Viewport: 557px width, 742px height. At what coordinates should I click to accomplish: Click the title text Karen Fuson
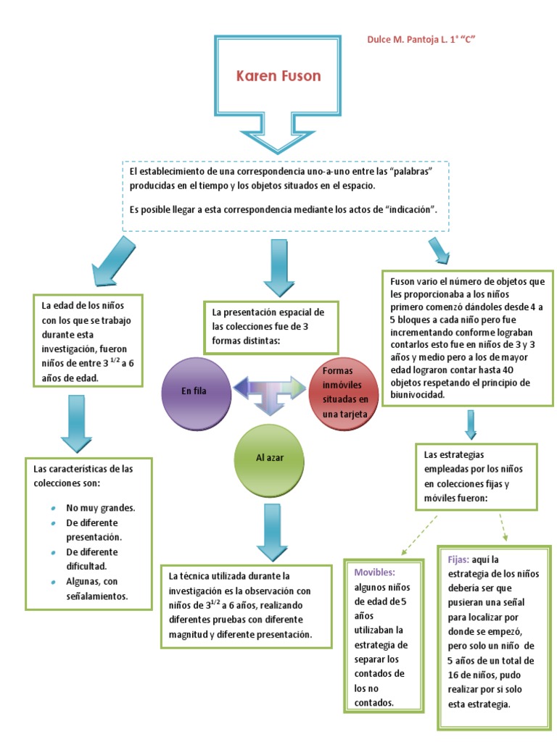[x=276, y=75]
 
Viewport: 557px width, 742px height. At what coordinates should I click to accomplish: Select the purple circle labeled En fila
[x=194, y=391]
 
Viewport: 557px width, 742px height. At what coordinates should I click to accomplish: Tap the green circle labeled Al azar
[x=268, y=458]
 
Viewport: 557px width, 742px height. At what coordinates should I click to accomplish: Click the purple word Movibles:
[x=374, y=572]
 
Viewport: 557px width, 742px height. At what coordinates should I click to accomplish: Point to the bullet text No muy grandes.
[x=100, y=507]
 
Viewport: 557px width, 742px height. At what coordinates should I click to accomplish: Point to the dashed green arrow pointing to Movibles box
[x=418, y=534]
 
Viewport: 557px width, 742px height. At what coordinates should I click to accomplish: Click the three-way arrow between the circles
[x=270, y=392]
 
